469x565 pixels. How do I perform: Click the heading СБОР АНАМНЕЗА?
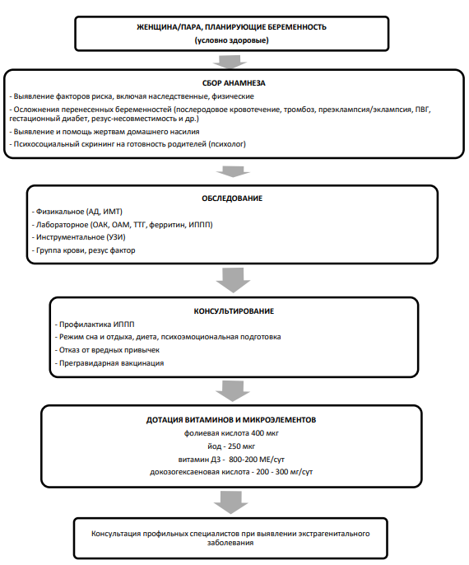pyautogui.click(x=234, y=83)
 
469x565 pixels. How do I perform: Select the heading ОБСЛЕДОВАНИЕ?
pyautogui.click(x=232, y=198)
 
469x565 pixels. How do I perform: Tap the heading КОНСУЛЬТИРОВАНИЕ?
pyautogui.click(x=234, y=311)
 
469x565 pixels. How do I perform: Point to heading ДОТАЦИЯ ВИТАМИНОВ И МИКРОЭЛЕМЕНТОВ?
pyautogui.click(x=231, y=420)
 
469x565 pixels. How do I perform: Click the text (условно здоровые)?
pyautogui.click(x=232, y=40)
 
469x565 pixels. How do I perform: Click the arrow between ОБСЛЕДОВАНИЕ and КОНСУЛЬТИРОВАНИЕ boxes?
pyautogui.click(x=233, y=280)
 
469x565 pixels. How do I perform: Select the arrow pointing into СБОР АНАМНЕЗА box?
pyautogui.click(x=230, y=61)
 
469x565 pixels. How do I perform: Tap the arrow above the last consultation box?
pyautogui.click(x=231, y=502)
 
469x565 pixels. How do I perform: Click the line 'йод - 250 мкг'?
pyautogui.click(x=231, y=446)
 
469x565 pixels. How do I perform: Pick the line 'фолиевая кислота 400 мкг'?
pyautogui.click(x=231, y=433)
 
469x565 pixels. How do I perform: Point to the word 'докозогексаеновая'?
pyautogui.click(x=200, y=472)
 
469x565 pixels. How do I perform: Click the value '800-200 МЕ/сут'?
pyautogui.click(x=257, y=460)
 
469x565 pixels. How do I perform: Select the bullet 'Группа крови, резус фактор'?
pyautogui.click(x=83, y=250)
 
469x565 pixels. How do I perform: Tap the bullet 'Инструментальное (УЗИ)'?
pyautogui.click(x=78, y=237)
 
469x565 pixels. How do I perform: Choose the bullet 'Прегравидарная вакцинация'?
pyautogui.click(x=109, y=363)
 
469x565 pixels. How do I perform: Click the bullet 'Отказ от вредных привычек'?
pyautogui.click(x=107, y=350)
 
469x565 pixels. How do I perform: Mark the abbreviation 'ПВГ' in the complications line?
pyautogui.click(x=423, y=110)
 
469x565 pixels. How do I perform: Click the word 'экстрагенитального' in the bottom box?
pyautogui.click(x=334, y=534)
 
